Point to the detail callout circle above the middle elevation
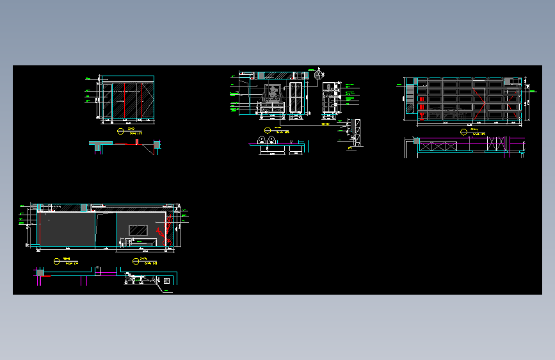click(318, 75)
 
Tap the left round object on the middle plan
click(262, 140)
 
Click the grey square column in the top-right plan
click(416, 141)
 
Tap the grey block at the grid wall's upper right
click(510, 80)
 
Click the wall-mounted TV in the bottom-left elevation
click(139, 229)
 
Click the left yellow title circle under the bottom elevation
click(56, 260)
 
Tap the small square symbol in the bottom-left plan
click(166, 280)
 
